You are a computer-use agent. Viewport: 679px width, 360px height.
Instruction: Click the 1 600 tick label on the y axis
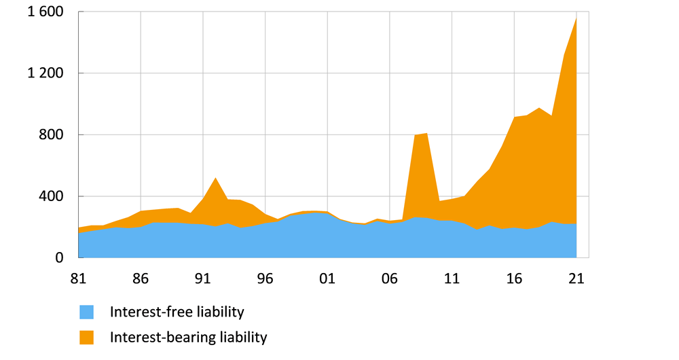[x=45, y=12]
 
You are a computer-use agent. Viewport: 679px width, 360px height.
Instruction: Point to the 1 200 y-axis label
[x=45, y=73]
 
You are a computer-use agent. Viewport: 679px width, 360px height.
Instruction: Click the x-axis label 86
[x=141, y=278]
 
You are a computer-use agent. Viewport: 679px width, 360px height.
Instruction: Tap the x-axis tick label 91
[x=203, y=278]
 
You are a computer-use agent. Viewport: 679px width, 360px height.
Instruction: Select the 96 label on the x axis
[x=265, y=278]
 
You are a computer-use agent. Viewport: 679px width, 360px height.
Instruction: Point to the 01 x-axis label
[x=327, y=278]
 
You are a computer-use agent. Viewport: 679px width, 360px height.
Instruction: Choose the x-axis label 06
[x=390, y=278]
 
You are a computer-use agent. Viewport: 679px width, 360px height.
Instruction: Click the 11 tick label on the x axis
[x=452, y=278]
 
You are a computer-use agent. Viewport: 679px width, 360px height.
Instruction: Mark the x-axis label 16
[x=514, y=278]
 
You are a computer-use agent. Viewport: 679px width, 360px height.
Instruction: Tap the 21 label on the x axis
[x=576, y=278]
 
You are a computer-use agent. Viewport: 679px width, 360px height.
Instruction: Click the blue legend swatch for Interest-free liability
[x=86, y=312]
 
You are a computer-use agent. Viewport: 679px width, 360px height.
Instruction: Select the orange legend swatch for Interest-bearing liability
[x=86, y=337]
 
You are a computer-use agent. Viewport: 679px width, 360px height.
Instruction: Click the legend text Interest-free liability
[x=177, y=312]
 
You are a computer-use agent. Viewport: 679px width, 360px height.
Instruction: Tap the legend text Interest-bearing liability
[x=188, y=337]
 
